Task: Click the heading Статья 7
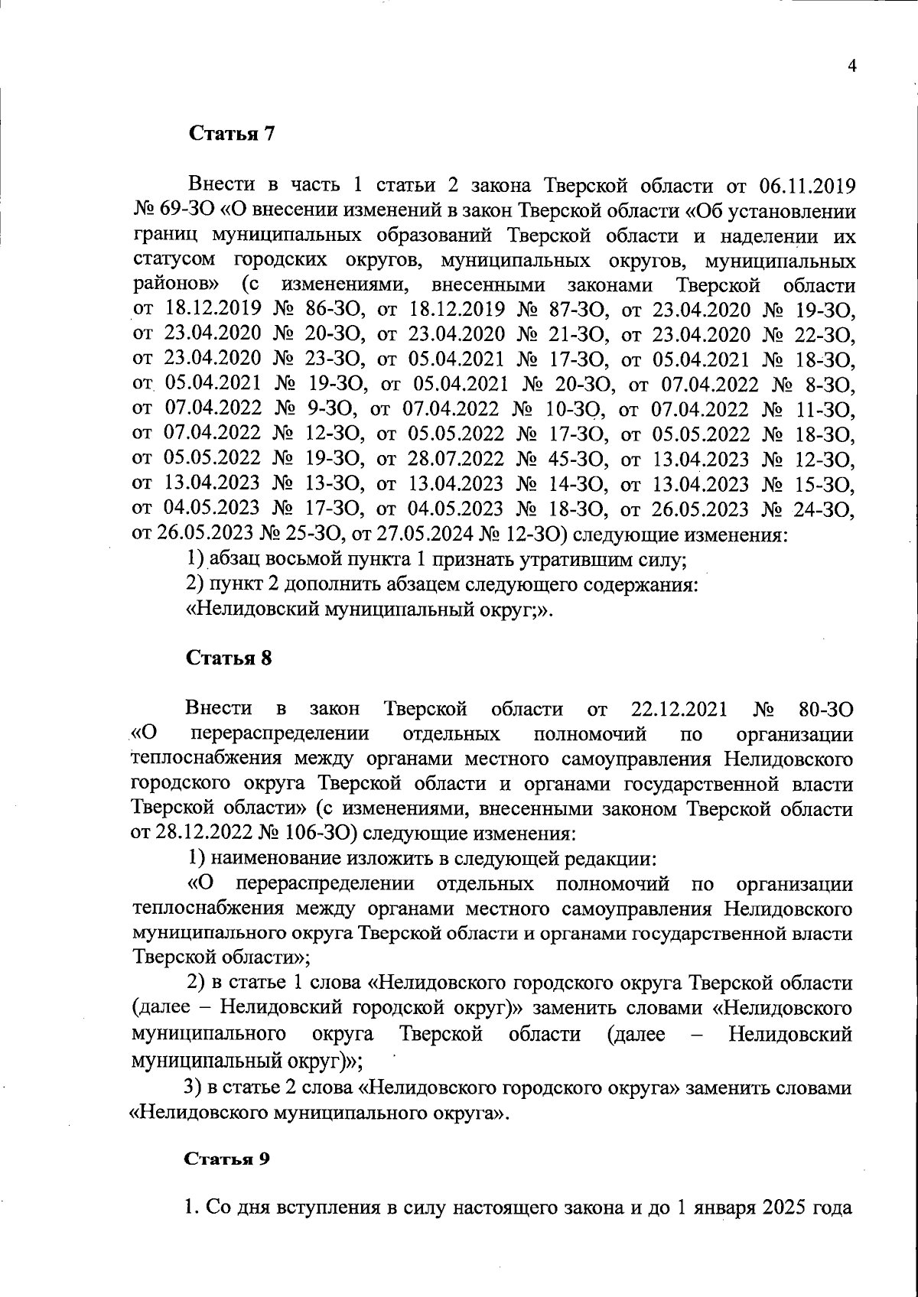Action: pos(231,134)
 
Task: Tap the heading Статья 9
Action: pos(227,1158)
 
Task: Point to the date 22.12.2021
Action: pos(680,710)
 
